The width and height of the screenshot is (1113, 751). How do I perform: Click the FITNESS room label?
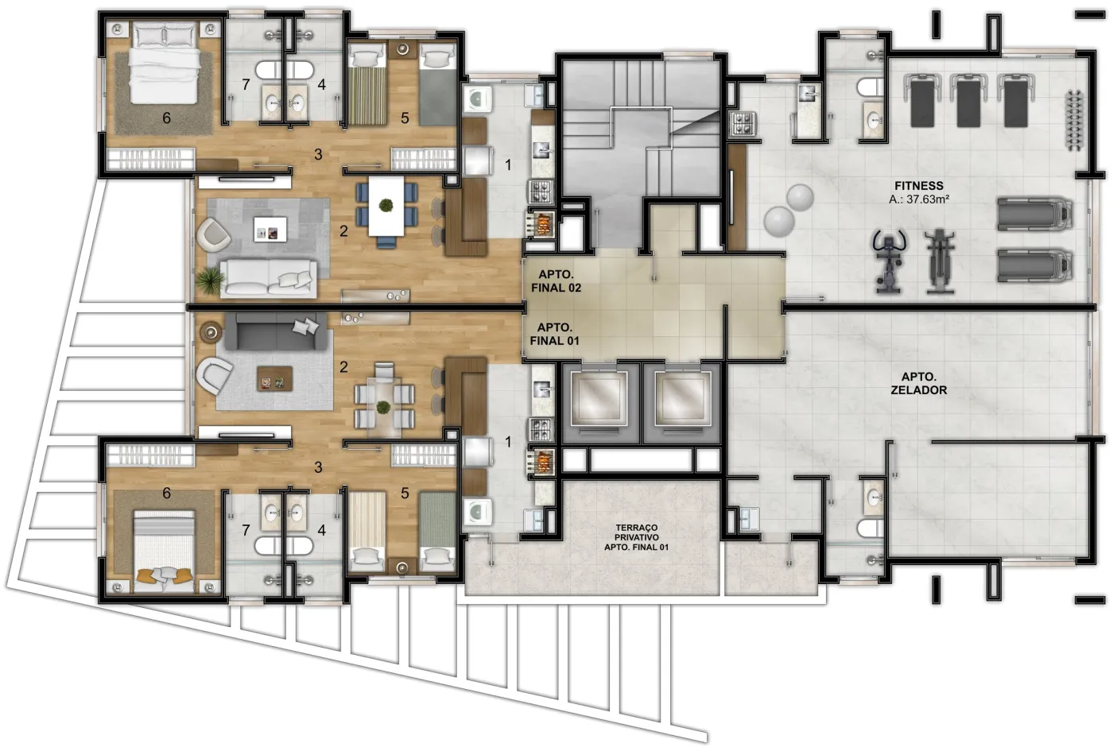(x=919, y=186)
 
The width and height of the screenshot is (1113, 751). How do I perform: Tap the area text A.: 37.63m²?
(x=919, y=199)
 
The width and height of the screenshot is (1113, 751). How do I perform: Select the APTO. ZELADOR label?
(x=919, y=383)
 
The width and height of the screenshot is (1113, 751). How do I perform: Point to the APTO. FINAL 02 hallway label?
(x=556, y=281)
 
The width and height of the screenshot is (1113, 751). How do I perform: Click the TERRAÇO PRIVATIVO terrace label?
(x=637, y=537)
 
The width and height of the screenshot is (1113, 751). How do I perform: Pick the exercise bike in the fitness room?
(x=889, y=261)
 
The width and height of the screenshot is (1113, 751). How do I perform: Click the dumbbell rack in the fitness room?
(x=1075, y=120)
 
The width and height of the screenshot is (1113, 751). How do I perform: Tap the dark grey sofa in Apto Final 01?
(x=277, y=331)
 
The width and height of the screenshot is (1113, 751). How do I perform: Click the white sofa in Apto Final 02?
(x=269, y=279)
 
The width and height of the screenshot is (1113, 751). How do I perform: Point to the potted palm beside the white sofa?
(x=208, y=281)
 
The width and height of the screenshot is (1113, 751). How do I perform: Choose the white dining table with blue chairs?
(x=386, y=207)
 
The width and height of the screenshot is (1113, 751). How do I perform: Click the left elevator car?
(x=598, y=399)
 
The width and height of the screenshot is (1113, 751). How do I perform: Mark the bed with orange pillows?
(x=164, y=552)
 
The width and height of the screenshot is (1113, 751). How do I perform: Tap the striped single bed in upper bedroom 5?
(x=366, y=84)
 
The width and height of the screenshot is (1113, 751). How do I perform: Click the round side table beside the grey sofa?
(x=211, y=332)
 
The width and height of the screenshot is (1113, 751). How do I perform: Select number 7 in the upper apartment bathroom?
(x=246, y=85)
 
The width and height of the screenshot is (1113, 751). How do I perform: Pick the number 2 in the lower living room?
(x=343, y=367)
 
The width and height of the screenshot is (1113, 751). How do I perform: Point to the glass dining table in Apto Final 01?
(x=384, y=401)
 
